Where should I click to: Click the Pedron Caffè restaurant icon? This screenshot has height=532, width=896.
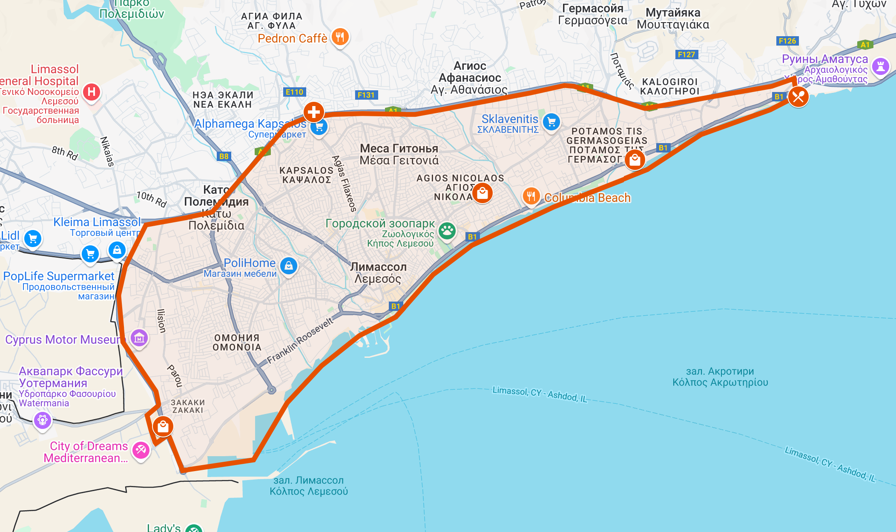pos(340,37)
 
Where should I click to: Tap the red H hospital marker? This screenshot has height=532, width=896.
pos(92,92)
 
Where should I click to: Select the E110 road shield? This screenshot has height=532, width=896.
pos(294,92)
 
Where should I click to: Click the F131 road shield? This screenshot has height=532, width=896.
pos(366,95)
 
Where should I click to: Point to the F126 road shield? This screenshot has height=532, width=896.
pos(787,41)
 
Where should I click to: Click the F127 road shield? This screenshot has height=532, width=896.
pos(686,55)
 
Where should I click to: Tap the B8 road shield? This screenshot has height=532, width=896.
pos(224,156)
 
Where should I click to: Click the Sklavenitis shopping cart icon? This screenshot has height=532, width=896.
pos(551,122)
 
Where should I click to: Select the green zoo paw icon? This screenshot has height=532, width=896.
pos(447,231)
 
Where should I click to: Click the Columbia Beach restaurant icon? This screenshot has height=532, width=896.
pos(531,196)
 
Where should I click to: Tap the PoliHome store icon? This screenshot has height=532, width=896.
pos(289,266)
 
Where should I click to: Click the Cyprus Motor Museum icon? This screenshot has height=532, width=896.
pos(139,339)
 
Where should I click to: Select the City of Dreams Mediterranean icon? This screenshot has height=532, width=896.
pos(141,450)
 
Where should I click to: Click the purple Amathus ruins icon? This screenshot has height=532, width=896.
pos(880,66)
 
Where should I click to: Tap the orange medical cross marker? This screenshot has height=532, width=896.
pos(314,112)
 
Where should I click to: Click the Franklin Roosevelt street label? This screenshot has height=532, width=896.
pos(300,341)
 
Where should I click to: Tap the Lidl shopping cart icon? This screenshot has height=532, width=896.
pos(33,239)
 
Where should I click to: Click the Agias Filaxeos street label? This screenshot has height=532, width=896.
pos(344,184)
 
